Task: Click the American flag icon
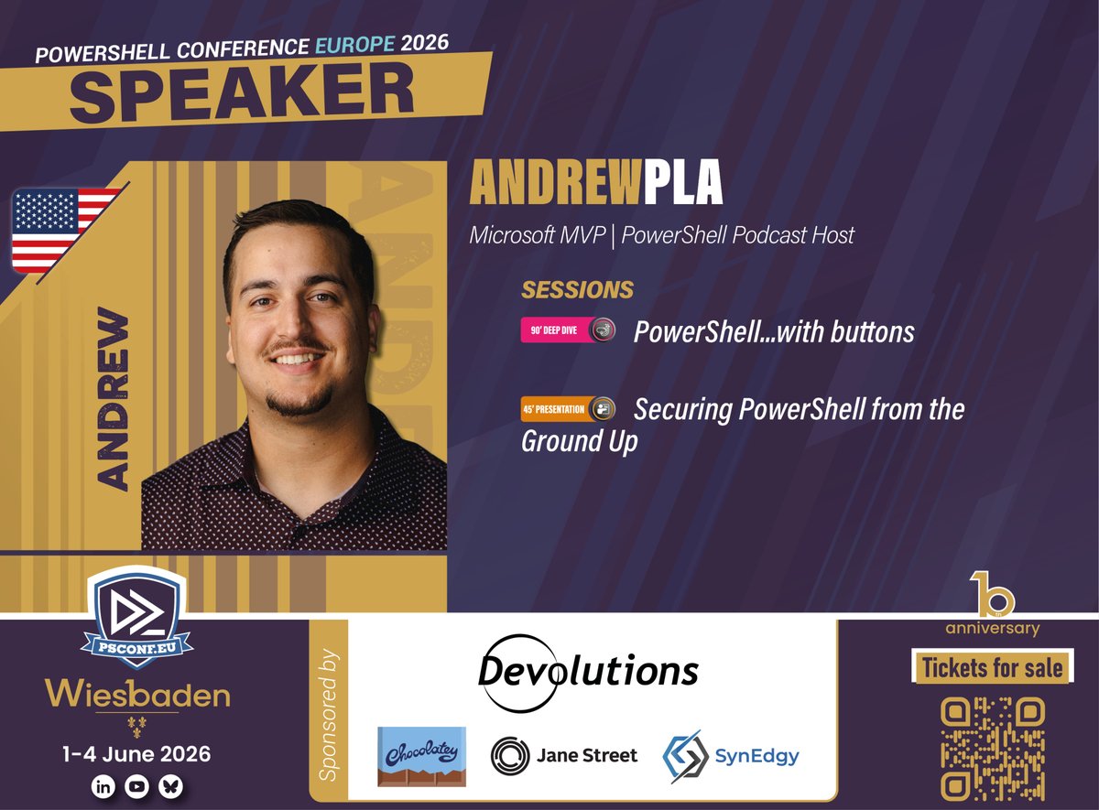click(66, 230)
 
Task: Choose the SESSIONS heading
click(577, 290)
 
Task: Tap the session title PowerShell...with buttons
click(774, 330)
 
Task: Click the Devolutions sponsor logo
click(588, 672)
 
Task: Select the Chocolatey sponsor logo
click(421, 756)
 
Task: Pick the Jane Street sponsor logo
click(564, 755)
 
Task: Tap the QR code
click(993, 750)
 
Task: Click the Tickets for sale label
click(993, 668)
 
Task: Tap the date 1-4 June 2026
click(136, 754)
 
